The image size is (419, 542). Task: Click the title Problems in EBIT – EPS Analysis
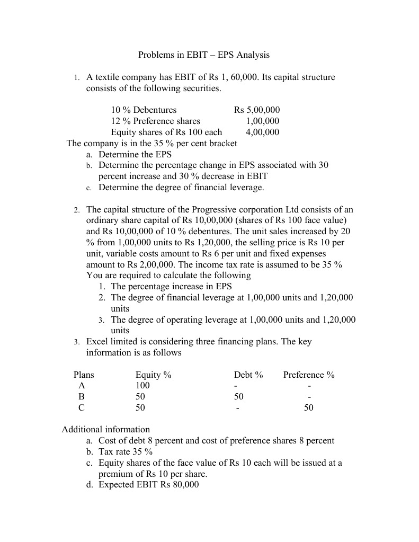[204, 55]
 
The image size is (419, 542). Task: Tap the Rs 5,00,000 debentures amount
[257, 110]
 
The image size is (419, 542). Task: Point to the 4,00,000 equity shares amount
[262, 132]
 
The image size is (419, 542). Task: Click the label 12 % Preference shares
[155, 121]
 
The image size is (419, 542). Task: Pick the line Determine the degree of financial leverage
[181, 188]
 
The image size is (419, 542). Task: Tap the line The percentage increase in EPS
[171, 287]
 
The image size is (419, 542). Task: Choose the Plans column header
[84, 375]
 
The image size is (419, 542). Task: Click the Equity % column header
[154, 375]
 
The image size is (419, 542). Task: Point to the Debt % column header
[248, 375]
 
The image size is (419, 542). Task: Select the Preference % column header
[309, 375]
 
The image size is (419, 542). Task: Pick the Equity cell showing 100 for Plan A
[142, 386]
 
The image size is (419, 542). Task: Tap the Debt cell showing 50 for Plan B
[239, 397]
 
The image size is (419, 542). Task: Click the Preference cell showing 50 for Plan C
[308, 408]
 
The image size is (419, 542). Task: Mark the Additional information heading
[106, 430]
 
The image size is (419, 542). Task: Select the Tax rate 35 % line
[126, 452]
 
